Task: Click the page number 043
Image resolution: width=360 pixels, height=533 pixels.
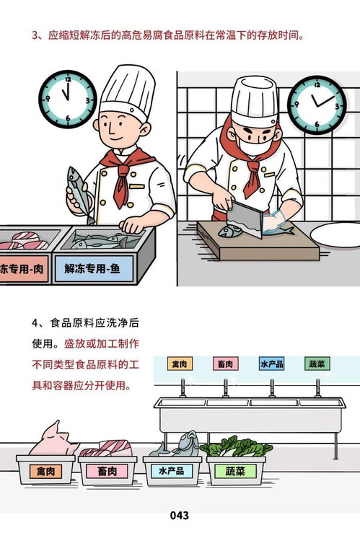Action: (180, 515)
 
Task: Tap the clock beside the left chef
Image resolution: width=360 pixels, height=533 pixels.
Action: (66, 96)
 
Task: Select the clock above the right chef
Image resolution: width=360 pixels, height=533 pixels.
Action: (317, 102)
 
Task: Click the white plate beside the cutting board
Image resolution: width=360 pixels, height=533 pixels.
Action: (336, 234)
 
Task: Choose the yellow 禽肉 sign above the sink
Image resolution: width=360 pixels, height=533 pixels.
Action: (180, 364)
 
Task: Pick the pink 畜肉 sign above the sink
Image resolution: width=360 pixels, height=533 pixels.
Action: (226, 364)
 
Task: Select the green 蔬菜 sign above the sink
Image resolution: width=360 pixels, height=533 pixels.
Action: (317, 364)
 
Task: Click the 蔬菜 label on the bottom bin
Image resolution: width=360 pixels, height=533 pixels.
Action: (235, 472)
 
